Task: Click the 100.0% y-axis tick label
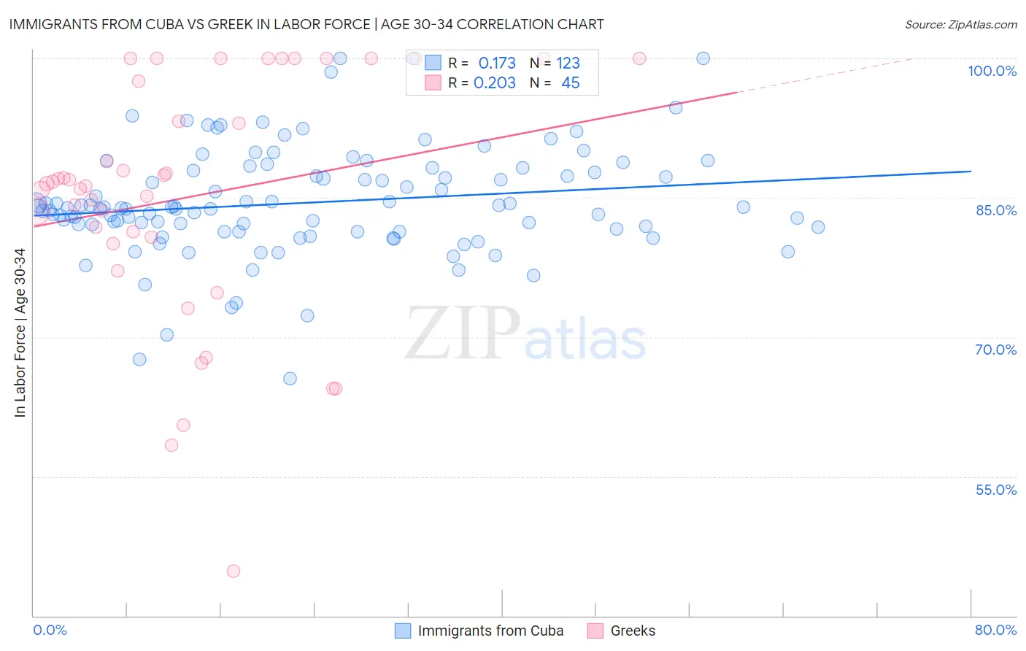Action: pyautogui.click(x=992, y=71)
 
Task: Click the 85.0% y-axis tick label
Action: pyautogui.click(x=995, y=210)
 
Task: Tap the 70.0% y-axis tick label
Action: pyautogui.click(x=995, y=350)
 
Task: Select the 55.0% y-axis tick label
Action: pyautogui.click(x=995, y=490)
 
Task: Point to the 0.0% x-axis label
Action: pyautogui.click(x=50, y=630)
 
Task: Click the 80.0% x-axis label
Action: pyautogui.click(x=995, y=630)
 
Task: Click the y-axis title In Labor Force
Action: pyautogui.click(x=20, y=333)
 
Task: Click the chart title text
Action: pyautogui.click(x=306, y=24)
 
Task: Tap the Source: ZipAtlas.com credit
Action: pyautogui.click(x=960, y=24)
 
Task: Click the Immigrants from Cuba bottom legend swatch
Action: pyautogui.click(x=403, y=631)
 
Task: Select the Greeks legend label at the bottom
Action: pyautogui.click(x=633, y=631)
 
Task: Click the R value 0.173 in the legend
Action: pyautogui.click(x=497, y=63)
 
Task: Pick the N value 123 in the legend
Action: pyautogui.click(x=568, y=63)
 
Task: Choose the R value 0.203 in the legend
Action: pyautogui.click(x=495, y=83)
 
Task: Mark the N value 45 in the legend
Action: pyautogui.click(x=570, y=83)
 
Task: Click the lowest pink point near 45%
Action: pyautogui.click(x=234, y=571)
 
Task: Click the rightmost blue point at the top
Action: pyautogui.click(x=703, y=58)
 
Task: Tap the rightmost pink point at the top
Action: pyautogui.click(x=639, y=58)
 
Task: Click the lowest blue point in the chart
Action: pyautogui.click(x=290, y=378)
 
